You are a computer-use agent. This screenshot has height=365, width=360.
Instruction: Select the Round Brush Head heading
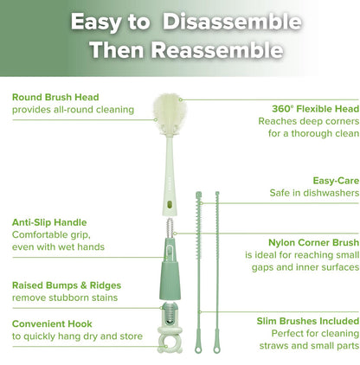[55, 97]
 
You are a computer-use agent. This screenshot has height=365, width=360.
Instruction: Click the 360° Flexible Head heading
[310, 109]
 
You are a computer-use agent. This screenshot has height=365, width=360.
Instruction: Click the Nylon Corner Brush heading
[310, 243]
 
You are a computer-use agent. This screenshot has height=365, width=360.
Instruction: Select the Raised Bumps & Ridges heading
[67, 285]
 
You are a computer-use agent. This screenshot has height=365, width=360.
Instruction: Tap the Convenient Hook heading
[54, 326]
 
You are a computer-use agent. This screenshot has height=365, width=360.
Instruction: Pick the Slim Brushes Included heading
[307, 320]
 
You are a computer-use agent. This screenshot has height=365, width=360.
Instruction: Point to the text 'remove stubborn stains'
[65, 298]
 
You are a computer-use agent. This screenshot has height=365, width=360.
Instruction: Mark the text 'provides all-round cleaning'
[73, 110]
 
